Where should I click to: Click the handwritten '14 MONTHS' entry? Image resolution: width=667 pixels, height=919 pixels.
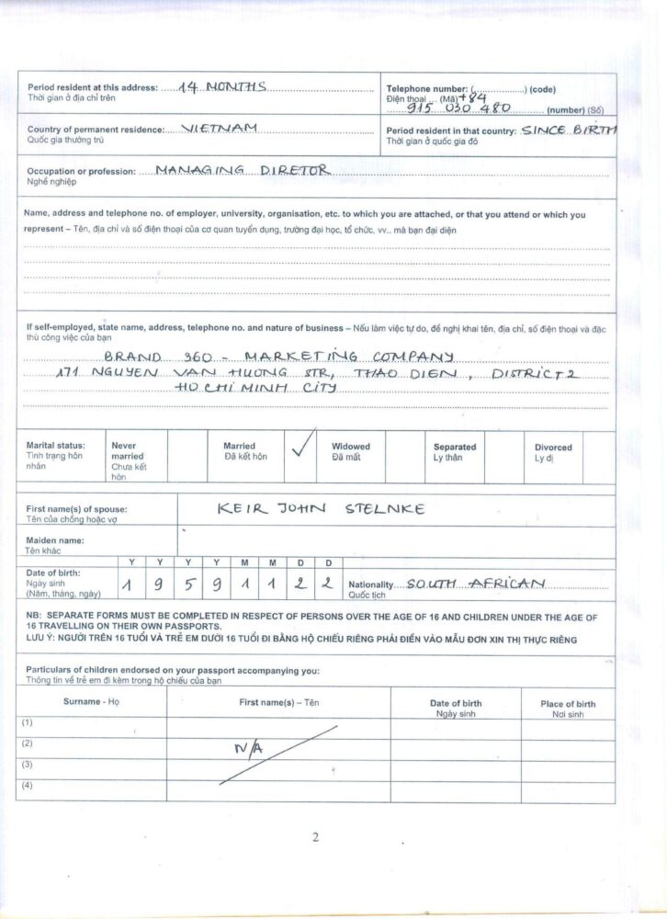222,86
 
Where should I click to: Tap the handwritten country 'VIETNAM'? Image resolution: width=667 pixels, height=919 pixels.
220,129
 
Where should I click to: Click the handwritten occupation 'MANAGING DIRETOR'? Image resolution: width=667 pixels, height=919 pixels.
241,170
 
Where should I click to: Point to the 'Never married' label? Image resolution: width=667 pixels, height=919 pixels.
127,451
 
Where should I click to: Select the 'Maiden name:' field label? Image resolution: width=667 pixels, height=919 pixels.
56,540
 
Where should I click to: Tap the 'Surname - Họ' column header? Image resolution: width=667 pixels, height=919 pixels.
91,701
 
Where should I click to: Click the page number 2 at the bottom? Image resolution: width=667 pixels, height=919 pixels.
315,836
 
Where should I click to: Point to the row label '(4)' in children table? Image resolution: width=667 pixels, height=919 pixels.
28,785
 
